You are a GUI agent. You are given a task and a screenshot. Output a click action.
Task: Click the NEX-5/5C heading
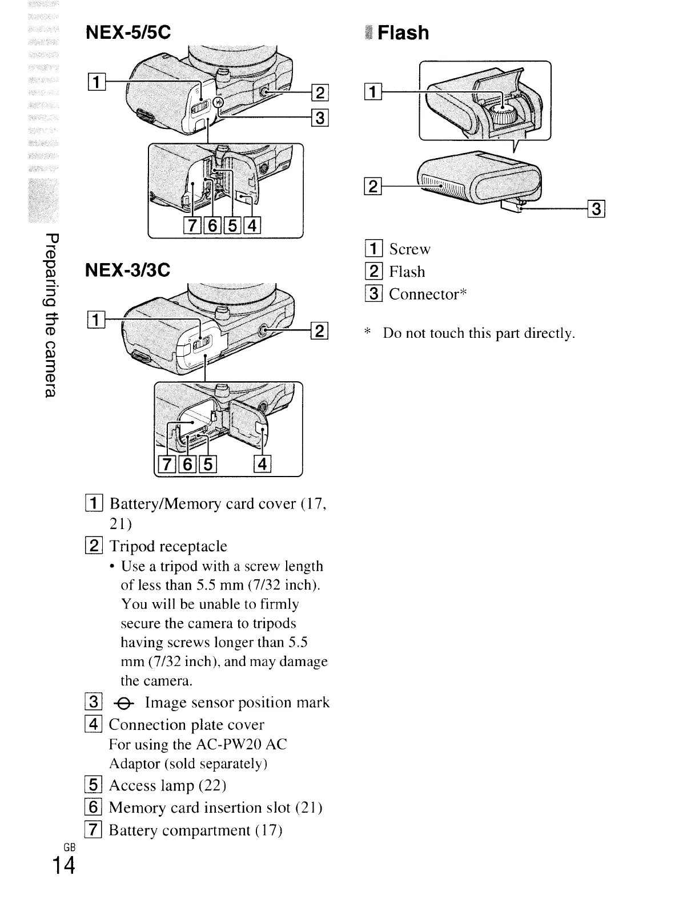pos(127,33)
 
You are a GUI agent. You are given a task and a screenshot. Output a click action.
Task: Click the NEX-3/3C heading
pos(127,269)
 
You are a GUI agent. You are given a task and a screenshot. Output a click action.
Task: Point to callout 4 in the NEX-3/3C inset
pos(262,465)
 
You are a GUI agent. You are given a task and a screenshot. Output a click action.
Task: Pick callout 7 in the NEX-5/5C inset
pos(192,226)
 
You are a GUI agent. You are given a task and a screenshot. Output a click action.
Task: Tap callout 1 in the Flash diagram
pos(371,91)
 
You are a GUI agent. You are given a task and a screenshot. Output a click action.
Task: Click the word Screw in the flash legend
pos(409,249)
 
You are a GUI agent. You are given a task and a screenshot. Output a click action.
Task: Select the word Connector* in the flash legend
pos(428,294)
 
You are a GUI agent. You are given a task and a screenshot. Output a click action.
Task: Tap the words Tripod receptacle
pos(168,547)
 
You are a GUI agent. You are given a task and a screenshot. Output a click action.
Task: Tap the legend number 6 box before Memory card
pos(94,808)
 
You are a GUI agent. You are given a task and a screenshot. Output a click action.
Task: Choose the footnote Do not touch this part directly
pos(479,333)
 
